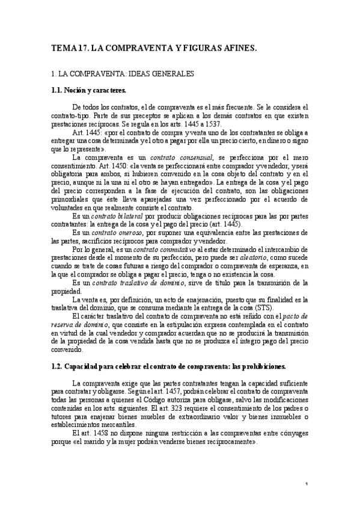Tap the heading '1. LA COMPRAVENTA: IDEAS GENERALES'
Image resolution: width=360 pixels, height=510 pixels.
pyautogui.click(x=123, y=74)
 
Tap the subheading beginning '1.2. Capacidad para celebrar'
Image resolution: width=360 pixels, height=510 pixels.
pyautogui.click(x=169, y=366)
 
